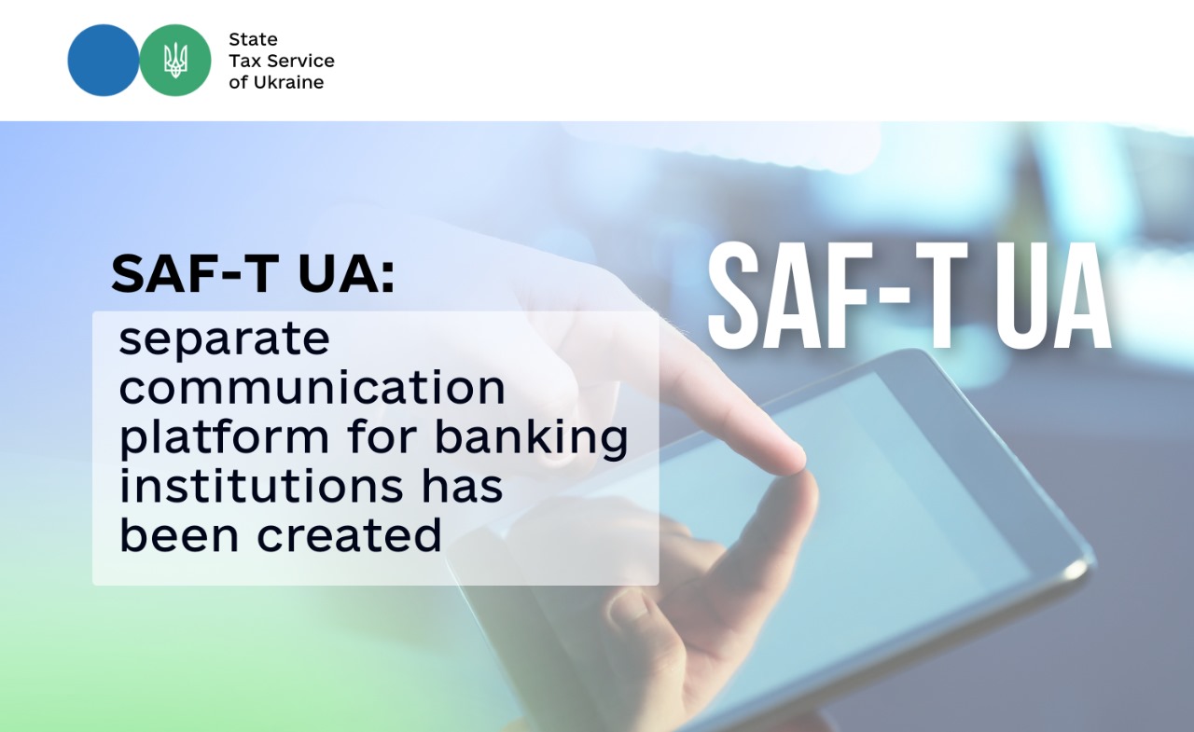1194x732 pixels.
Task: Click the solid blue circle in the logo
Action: click(x=104, y=61)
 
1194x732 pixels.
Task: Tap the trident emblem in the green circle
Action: click(x=175, y=61)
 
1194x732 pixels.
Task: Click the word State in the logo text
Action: click(x=253, y=39)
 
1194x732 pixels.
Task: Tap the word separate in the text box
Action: click(x=225, y=340)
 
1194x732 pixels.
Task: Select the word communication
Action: click(x=312, y=388)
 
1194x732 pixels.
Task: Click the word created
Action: click(x=350, y=534)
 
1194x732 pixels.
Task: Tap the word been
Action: click(x=179, y=534)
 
